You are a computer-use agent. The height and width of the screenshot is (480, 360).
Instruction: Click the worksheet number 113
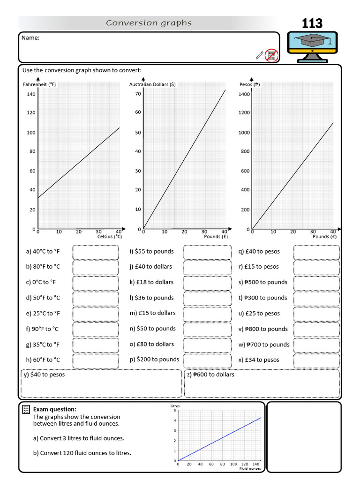point(312,23)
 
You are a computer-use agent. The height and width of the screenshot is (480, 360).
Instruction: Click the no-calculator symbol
point(271,55)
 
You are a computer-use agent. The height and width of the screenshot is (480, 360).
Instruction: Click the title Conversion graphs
point(149,23)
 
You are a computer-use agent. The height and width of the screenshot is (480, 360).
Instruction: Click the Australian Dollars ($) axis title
point(152,85)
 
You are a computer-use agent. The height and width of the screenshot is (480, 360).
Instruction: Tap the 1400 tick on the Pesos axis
point(244,94)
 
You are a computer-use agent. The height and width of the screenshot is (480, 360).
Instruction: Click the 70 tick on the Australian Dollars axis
point(138,94)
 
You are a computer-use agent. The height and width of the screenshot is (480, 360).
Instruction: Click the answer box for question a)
point(96,252)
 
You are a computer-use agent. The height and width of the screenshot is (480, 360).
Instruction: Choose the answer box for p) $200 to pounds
point(207,360)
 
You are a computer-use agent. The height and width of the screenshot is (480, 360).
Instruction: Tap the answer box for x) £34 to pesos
point(316,360)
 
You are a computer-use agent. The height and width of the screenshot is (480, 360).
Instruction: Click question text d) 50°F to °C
point(43,298)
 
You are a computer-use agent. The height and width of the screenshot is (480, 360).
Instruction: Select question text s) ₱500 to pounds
point(262,282)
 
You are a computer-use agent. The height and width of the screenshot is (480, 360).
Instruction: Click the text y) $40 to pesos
point(44,375)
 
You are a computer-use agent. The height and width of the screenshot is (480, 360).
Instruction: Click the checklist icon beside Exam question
point(26,410)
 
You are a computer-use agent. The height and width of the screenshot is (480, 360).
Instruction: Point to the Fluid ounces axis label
point(250,468)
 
